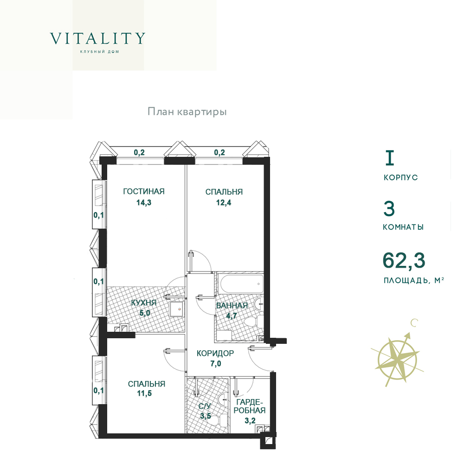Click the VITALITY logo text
pos(97,39)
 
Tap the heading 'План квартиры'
pos(187,112)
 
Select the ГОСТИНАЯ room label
pos(144,191)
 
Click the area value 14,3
pos(144,203)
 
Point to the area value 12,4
pos(224,203)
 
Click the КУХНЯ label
pos(144,303)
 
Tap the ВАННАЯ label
pos(232,305)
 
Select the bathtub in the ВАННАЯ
pos(241,284)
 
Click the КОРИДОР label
pos(215,353)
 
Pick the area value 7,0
pos(216,363)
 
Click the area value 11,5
pos(144,393)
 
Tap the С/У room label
pos(205,406)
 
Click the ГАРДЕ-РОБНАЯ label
pos(250,406)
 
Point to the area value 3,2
pos(250,420)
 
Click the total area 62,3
pos(404,260)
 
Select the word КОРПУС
pos(401,178)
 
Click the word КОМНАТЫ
pos(403,227)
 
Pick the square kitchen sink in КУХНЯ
pos(177,309)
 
